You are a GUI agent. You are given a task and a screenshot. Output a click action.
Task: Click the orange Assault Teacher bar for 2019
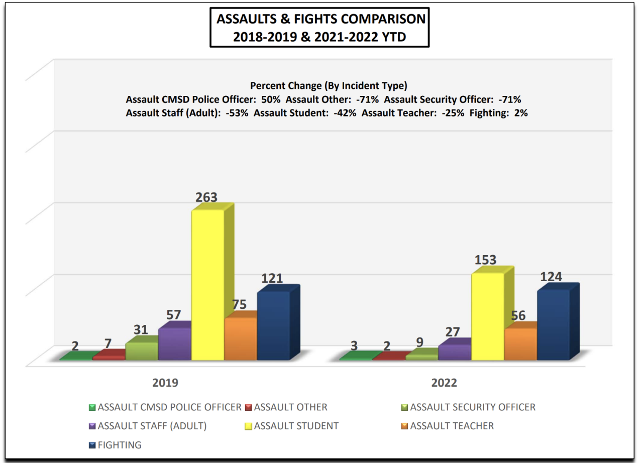point(240,339)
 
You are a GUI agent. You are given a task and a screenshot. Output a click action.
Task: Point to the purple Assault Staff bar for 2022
point(454,353)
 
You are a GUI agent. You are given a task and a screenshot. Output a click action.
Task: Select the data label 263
point(206,197)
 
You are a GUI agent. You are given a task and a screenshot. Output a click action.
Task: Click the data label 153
point(486,260)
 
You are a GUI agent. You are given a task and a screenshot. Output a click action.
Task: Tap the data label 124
point(551,277)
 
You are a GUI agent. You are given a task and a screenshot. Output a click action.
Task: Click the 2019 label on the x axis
point(165,383)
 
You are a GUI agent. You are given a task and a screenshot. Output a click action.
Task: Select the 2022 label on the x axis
point(445,383)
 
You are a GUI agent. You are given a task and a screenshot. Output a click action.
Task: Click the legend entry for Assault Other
point(290,407)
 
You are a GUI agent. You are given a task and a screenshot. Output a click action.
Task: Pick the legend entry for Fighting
point(120,445)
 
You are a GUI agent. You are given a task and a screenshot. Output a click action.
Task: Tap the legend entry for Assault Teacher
point(452,426)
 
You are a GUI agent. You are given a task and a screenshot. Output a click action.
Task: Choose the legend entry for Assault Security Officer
point(472,407)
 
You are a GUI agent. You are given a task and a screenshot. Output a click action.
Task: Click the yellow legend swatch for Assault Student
point(248,426)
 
